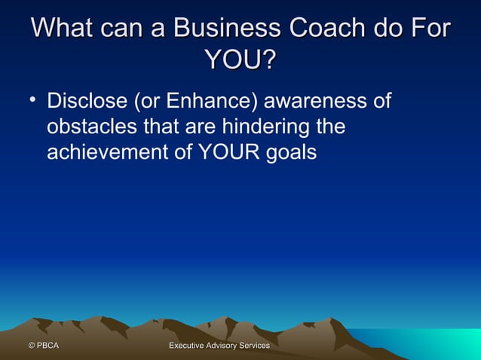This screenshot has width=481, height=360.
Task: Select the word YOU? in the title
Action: pos(239,59)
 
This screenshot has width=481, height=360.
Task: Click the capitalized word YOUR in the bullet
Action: pos(226,152)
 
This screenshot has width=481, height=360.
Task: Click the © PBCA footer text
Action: pos(43,346)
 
